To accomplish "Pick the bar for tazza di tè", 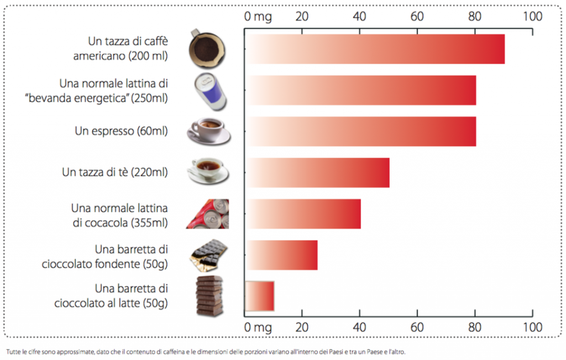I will [317, 173].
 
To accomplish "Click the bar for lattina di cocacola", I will [303, 213].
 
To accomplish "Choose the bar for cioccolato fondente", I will [281, 255].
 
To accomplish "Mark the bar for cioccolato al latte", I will [260, 296].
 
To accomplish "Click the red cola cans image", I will [208, 214].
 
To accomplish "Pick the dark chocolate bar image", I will [208, 255].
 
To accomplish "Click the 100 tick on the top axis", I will [532, 17].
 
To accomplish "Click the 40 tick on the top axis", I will [359, 17].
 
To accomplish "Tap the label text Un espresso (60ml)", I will [121, 132].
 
